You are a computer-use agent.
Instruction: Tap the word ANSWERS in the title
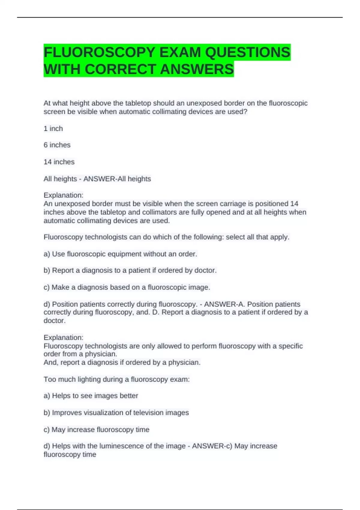197,69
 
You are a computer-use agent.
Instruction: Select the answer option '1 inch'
53,129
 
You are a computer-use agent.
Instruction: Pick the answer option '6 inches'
57,145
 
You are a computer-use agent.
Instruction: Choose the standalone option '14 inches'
59,162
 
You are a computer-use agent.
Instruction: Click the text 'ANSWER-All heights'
117,179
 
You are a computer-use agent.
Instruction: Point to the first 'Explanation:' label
63,195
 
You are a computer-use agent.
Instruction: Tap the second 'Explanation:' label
63,337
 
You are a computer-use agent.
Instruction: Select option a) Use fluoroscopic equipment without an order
120,254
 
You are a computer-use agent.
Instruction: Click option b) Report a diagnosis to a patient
130,271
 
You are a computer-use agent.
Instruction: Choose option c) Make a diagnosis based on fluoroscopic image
127,287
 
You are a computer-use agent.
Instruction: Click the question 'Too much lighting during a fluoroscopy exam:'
116,379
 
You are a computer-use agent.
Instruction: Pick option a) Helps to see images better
91,396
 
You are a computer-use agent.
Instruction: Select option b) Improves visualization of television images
116,413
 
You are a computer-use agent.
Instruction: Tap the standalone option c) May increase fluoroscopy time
96,430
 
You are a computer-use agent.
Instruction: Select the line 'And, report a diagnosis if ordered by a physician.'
122,363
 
